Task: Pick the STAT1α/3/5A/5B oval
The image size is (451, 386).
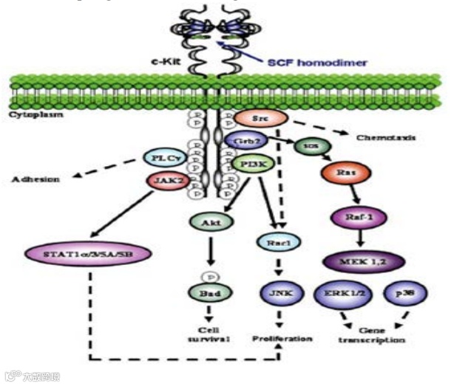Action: coord(88,255)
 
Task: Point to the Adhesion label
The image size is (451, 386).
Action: coord(35,177)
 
